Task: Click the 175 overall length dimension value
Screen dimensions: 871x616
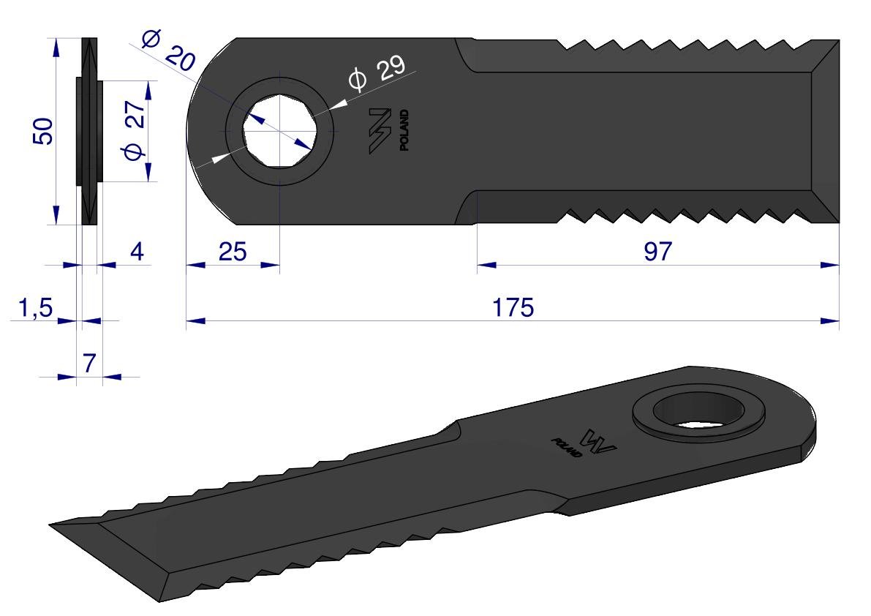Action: tap(513, 307)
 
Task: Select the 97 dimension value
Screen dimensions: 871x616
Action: tap(657, 251)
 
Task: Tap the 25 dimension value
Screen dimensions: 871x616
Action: tap(232, 252)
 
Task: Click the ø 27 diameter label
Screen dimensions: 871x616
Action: tap(135, 130)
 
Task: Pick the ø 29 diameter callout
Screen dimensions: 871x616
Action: tap(377, 73)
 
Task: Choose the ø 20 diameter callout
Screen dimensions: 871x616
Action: tap(168, 52)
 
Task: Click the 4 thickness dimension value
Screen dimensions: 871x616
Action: tap(137, 252)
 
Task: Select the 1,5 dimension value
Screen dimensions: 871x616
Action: tap(36, 308)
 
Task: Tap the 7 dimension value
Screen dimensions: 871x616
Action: tap(89, 364)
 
